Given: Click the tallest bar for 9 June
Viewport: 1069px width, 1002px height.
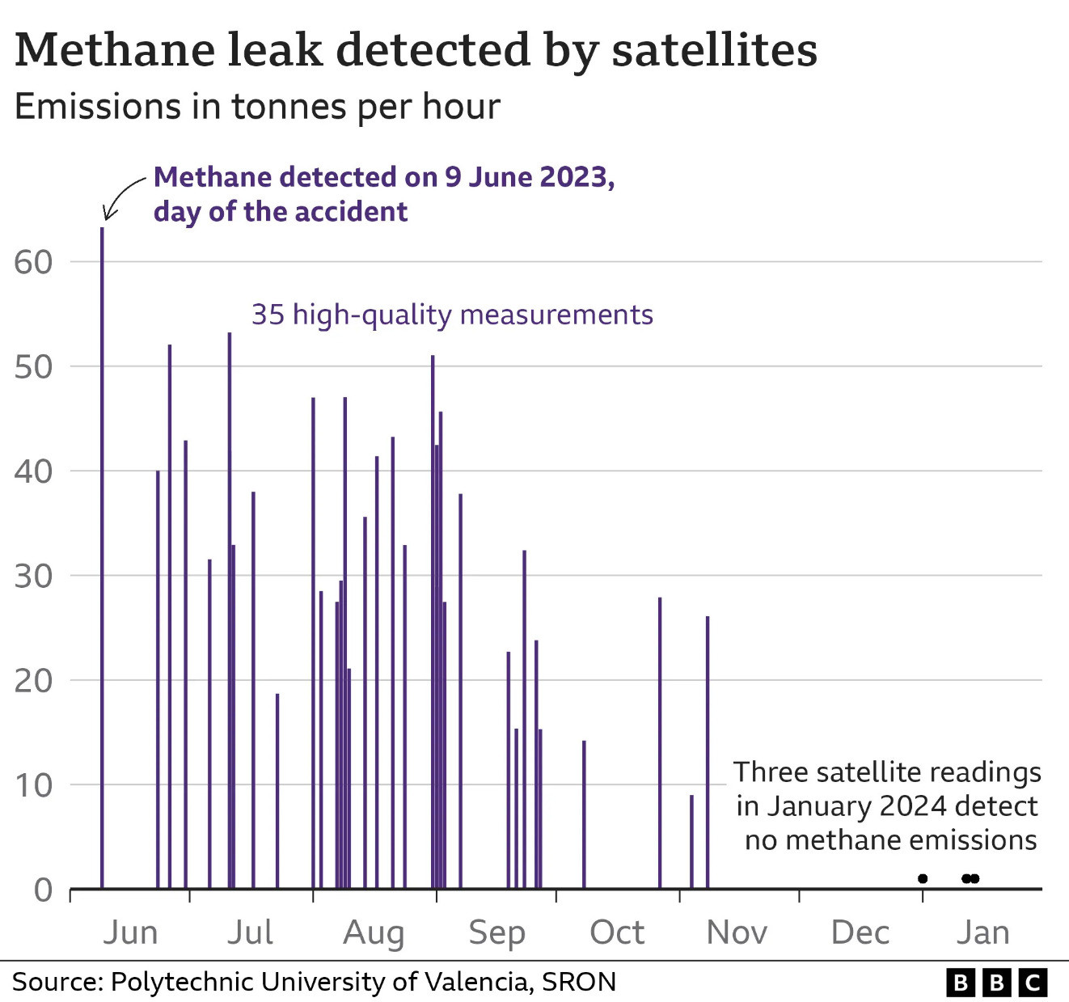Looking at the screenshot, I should pyautogui.click(x=102, y=558).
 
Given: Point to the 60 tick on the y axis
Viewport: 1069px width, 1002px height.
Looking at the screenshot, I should pyautogui.click(x=33, y=262).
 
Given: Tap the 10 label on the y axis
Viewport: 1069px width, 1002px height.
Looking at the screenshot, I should pyautogui.click(x=33, y=785).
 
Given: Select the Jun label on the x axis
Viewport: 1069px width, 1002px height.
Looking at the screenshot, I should pyautogui.click(x=130, y=932).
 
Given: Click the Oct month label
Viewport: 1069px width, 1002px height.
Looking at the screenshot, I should pyautogui.click(x=617, y=932).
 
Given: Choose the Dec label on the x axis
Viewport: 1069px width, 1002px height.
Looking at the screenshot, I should pyautogui.click(x=860, y=932).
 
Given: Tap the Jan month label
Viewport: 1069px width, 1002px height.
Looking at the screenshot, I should pyautogui.click(x=982, y=932).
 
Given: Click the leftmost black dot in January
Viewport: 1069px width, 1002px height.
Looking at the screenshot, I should pyautogui.click(x=923, y=879).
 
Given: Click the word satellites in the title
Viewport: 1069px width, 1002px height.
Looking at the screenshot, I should pyautogui.click(x=714, y=50).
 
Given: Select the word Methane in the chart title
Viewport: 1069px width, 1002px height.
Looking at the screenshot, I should pyautogui.click(x=113, y=50).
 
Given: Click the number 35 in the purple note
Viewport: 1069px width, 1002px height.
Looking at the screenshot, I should pyautogui.click(x=268, y=315).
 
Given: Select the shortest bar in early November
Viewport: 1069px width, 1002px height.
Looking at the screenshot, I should pyautogui.click(x=691, y=842).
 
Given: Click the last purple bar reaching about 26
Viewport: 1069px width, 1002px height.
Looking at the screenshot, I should pyautogui.click(x=708, y=752).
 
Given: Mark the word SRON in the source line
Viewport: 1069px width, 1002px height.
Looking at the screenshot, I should pyautogui.click(x=579, y=982).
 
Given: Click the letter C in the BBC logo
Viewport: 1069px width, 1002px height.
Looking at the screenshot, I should pyautogui.click(x=1033, y=983).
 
